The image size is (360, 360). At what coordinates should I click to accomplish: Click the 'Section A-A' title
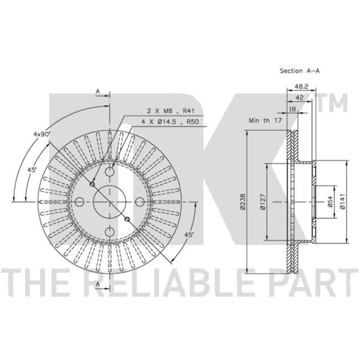pyautogui.click(x=299, y=71)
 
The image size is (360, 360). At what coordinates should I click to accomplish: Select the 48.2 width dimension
pyautogui.click(x=301, y=86)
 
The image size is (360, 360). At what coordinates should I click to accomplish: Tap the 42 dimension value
pyautogui.click(x=299, y=98)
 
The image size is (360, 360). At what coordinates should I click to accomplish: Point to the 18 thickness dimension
pyautogui.click(x=292, y=109)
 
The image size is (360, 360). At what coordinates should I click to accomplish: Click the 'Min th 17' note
pyautogui.click(x=265, y=120)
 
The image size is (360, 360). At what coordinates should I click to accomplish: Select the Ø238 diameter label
pyautogui.click(x=243, y=202)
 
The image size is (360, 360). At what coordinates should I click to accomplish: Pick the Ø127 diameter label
pyautogui.click(x=263, y=202)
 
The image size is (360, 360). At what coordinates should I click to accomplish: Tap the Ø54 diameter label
pyautogui.click(x=330, y=202)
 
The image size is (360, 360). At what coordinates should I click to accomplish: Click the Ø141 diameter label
pyautogui.click(x=343, y=202)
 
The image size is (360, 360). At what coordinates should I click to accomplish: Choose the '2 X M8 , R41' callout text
pyautogui.click(x=171, y=111)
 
